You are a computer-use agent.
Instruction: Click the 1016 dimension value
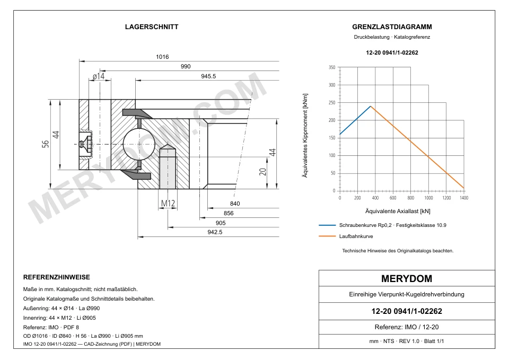pyautogui.click(x=162, y=57)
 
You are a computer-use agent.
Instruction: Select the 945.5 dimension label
pyautogui.click(x=208, y=76)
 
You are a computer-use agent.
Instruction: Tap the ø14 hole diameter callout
pyautogui.click(x=99, y=76)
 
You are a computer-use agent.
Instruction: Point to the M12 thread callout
pyautogui.click(x=168, y=203)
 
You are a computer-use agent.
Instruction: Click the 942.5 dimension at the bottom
pyautogui.click(x=215, y=232)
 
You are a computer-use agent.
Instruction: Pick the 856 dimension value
pyautogui.click(x=229, y=213)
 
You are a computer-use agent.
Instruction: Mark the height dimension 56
pyautogui.click(x=46, y=144)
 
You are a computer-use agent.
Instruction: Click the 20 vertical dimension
pyautogui.click(x=262, y=172)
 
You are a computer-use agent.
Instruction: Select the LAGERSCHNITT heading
pyautogui.click(x=152, y=27)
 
